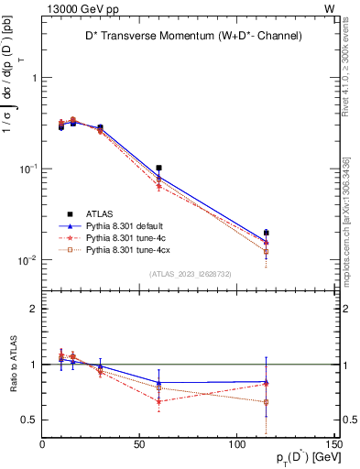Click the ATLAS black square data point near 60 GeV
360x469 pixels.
158,169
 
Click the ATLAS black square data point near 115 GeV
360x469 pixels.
266,233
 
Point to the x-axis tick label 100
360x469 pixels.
237,445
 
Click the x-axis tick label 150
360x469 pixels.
334,445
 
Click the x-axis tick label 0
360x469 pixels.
43,445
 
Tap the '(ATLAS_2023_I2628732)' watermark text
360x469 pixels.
190,274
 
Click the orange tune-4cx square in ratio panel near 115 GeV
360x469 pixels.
266,402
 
